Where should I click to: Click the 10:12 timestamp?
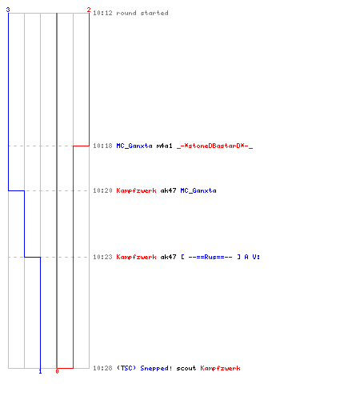pos(102,13)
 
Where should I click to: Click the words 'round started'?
pos(142,13)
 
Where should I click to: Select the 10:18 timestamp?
pos(102,146)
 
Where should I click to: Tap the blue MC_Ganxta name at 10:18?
pos(134,146)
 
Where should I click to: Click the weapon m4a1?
pos(164,146)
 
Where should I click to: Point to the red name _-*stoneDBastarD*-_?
pos(214,146)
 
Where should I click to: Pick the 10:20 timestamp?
pos(102,190)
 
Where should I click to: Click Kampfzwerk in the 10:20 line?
pos(136,190)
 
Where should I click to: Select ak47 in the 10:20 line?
pos(168,190)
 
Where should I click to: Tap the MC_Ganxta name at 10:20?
pos(198,190)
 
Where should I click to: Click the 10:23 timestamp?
pos(102,257)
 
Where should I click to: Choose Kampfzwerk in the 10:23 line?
pos(136,257)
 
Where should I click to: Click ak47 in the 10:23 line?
pos(168,257)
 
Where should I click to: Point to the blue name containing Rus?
pos(220,257)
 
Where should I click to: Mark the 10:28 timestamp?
pos(102,368)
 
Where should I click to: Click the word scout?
pos(186,368)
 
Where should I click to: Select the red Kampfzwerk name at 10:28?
pos(220,368)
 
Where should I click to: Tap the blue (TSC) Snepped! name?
pos(144,368)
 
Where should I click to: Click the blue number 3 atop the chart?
pos(8,10)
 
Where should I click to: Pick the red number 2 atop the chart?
pos(89,10)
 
